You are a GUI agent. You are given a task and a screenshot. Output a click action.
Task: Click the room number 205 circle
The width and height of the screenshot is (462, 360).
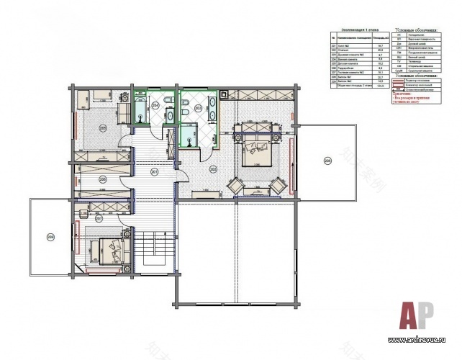(103, 128)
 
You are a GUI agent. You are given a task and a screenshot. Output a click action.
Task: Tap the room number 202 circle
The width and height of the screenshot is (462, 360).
(213, 169)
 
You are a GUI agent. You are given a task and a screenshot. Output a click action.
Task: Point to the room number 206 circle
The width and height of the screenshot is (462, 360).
(103, 179)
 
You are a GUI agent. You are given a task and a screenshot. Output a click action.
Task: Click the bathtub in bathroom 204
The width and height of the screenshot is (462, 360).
(137, 112)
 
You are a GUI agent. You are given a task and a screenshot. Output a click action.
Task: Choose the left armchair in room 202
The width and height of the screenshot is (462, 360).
(236, 185)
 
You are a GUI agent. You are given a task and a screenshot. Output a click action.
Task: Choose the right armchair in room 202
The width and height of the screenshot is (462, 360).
(277, 185)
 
